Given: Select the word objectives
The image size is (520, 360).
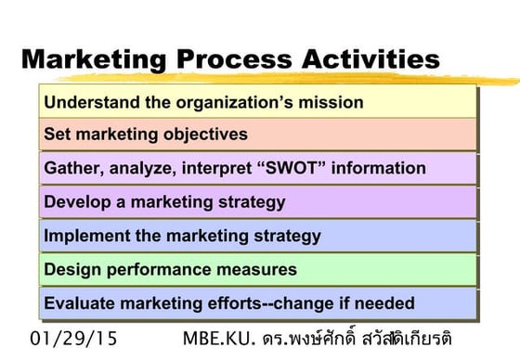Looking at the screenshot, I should coord(202,135).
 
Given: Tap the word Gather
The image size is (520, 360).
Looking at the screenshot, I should coord(71,168).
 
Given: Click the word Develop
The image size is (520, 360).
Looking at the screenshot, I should coord(76,201).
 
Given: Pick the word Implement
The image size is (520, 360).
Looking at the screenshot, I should coord(84,236).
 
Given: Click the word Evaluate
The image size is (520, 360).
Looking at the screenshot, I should coord(79,302).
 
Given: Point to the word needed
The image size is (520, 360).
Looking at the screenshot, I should coord(385,302).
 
